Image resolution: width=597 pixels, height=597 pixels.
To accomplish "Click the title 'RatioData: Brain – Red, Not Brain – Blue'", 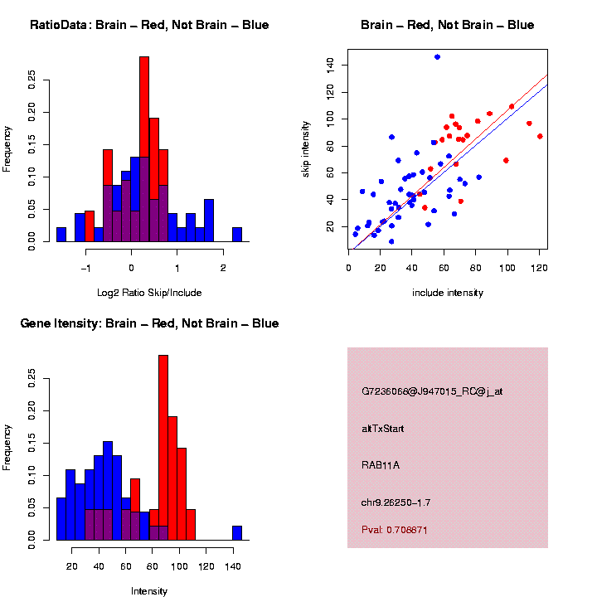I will point(149,25).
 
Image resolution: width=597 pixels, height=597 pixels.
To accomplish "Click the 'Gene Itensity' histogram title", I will point(149,323).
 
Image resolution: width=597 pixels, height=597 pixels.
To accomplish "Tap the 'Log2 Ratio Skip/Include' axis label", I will point(149,292).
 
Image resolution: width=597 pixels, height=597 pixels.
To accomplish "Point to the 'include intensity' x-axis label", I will point(448,292).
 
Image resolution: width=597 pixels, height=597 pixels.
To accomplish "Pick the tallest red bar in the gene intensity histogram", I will point(163,415).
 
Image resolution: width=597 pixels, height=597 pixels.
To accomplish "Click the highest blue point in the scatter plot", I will point(437,56).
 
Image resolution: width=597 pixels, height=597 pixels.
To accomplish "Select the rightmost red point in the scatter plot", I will point(540,136).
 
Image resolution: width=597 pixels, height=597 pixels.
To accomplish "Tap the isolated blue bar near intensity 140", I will point(237,533).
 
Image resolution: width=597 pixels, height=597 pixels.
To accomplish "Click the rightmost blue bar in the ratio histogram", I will point(237,234).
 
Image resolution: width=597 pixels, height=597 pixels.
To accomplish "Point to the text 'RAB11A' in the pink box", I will point(381,465).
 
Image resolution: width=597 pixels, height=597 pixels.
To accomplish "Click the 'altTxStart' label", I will point(383,429).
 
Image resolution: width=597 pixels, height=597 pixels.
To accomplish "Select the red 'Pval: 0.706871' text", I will point(395,530).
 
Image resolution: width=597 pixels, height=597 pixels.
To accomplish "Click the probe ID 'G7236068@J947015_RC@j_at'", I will point(432,391).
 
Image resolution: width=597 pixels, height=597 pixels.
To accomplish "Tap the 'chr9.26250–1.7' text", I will point(396,502).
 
